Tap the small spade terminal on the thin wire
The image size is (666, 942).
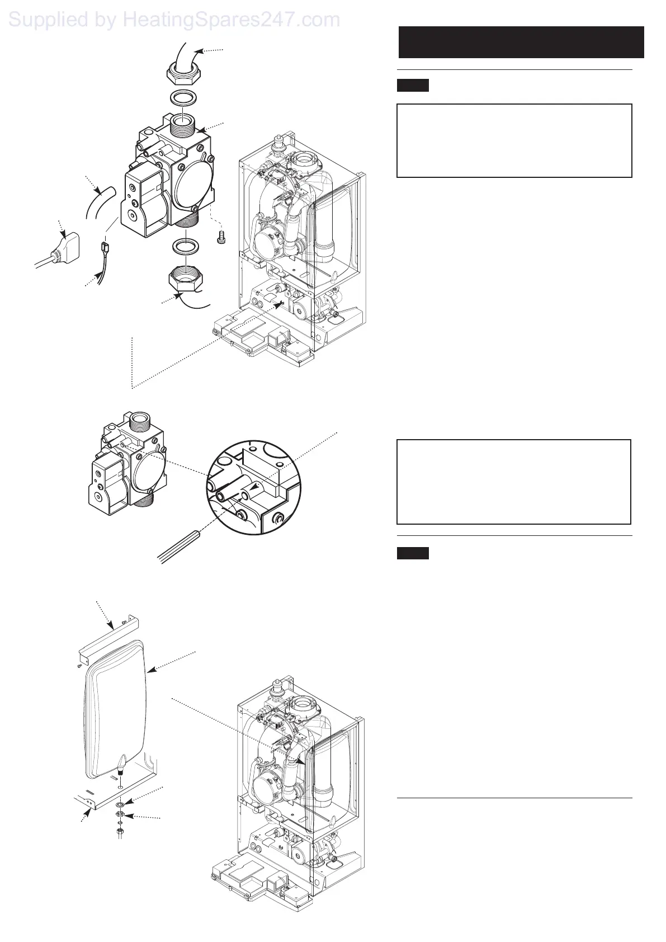[103, 246]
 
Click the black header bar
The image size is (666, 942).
[521, 42]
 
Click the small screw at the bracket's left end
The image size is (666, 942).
[80, 666]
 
